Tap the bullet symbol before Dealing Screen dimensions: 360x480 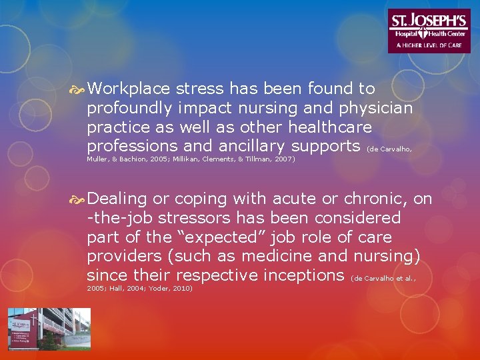point(78,199)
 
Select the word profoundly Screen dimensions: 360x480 point(127,107)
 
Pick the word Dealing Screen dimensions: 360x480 point(117,199)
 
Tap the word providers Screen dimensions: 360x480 point(122,255)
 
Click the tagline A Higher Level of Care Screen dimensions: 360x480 point(429,45)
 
